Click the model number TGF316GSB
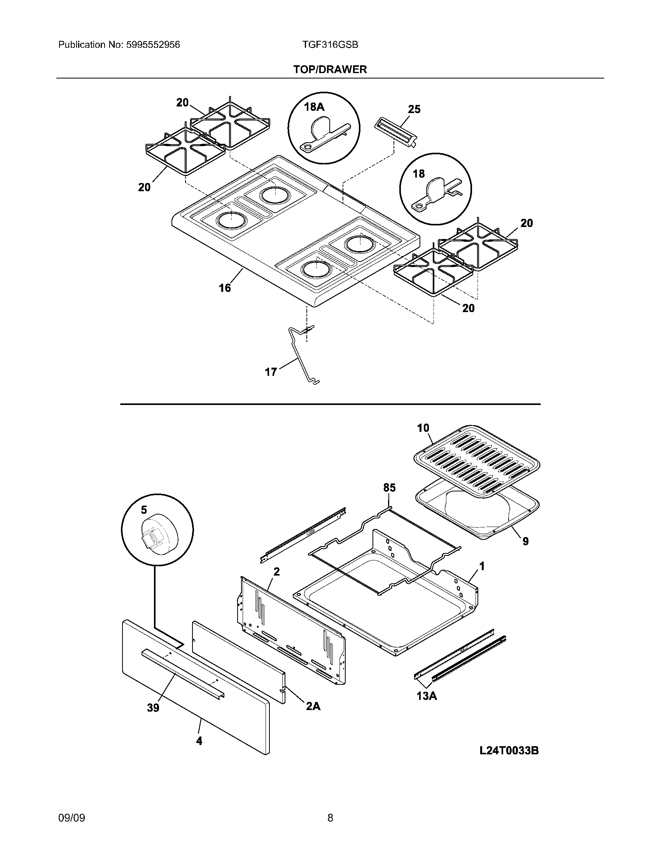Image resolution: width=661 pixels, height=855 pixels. click(330, 45)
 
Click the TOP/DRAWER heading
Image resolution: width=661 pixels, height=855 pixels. click(330, 70)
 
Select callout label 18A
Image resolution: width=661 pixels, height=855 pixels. click(314, 106)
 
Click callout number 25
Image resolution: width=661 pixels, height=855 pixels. click(414, 109)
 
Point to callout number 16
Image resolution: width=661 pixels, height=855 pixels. click(225, 288)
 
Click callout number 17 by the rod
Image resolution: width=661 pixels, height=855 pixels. click(271, 372)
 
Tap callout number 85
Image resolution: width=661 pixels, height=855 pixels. click(389, 487)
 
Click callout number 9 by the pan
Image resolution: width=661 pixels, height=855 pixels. click(525, 541)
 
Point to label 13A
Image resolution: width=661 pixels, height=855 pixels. click(427, 696)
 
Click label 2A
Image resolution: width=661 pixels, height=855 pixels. click(313, 706)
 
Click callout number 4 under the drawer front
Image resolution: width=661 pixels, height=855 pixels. click(199, 741)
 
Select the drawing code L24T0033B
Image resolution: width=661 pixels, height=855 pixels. click(509, 750)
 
